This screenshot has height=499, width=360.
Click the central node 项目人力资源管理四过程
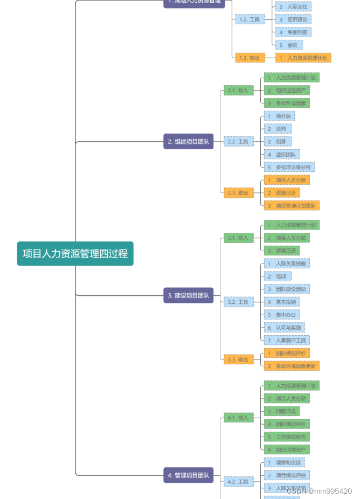(75, 253)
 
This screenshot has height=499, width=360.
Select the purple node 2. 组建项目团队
(188, 142)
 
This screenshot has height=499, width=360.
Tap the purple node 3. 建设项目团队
(188, 295)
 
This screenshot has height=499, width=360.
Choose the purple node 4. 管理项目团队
(188, 475)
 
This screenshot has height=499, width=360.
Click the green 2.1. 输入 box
(238, 91)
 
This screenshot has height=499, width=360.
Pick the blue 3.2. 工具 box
(238, 302)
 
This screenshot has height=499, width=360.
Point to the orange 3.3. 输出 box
(238, 359)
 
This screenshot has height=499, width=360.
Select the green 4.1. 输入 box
(238, 418)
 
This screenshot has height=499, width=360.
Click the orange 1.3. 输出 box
(250, 58)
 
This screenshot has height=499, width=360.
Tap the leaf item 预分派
(279, 116)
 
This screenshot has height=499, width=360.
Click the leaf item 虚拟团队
(281, 154)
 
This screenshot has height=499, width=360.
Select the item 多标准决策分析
(289, 167)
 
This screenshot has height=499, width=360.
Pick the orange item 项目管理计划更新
(292, 205)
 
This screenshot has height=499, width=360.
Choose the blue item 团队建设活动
(287, 289)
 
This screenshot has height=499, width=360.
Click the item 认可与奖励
(284, 328)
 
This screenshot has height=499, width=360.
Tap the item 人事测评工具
(287, 340)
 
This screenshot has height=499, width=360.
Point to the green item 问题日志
(281, 411)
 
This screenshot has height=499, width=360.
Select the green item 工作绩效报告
(287, 436)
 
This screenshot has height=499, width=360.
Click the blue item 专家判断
(293, 32)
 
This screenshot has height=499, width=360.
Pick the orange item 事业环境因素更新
(292, 366)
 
